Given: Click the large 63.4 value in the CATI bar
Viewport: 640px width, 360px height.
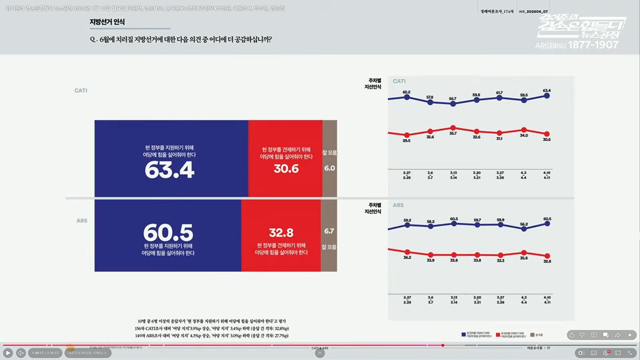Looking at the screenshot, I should (170, 171).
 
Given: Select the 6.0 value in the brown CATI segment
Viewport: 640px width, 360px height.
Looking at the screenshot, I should (330, 168).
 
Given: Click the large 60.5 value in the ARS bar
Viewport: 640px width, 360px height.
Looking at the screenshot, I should (168, 233).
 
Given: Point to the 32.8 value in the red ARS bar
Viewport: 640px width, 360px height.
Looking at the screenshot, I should (281, 232).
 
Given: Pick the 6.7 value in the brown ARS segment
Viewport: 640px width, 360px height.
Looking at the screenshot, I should (329, 231).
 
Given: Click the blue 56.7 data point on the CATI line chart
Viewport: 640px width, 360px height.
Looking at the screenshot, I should (453, 104).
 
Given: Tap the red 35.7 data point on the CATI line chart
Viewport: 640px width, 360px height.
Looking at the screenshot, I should (453, 128).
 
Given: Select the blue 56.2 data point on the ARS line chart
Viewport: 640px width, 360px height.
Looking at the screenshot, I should (524, 228).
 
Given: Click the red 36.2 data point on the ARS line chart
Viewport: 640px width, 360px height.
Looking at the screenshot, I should (407, 252).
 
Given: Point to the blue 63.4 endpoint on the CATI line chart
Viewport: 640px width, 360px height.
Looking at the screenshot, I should (547, 96).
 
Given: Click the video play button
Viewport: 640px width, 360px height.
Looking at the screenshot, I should (8, 353).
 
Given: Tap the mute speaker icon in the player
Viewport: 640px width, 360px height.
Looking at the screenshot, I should (21, 353).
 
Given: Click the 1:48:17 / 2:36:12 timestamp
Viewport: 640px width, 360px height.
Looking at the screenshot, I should (45, 353).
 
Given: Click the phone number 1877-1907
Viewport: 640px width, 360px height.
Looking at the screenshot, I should (593, 45).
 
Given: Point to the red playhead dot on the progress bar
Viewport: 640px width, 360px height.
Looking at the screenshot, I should (443, 345).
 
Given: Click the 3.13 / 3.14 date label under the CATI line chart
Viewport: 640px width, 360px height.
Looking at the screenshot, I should (453, 174).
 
